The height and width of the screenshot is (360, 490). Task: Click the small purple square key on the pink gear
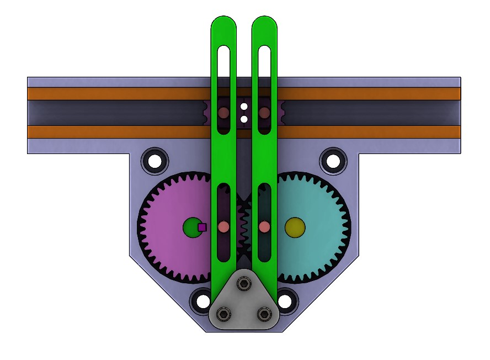202,227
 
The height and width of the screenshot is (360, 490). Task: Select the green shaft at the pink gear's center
191,227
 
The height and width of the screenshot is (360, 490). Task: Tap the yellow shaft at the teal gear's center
295,227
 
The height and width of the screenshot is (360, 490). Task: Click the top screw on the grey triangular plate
243,284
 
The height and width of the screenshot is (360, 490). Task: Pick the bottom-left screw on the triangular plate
223,314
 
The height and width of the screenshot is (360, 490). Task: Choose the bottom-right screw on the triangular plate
264,314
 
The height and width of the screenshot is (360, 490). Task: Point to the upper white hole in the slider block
244,105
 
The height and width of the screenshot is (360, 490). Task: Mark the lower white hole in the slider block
244,119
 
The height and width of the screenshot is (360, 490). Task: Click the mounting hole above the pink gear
155,161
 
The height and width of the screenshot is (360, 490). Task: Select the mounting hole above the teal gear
333,161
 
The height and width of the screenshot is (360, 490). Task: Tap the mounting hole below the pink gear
201,301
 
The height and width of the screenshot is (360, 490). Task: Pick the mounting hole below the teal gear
285,301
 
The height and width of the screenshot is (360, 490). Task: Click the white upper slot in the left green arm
223,61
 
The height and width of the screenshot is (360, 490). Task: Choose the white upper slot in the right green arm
264,61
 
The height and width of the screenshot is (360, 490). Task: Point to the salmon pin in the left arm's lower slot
223,227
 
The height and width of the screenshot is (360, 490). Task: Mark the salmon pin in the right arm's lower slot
264,227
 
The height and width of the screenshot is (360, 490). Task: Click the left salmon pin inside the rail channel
223,113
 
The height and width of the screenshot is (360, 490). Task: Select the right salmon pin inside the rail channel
264,113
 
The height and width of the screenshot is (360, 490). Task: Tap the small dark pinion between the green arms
244,226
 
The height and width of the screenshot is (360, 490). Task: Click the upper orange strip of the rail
110,94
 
